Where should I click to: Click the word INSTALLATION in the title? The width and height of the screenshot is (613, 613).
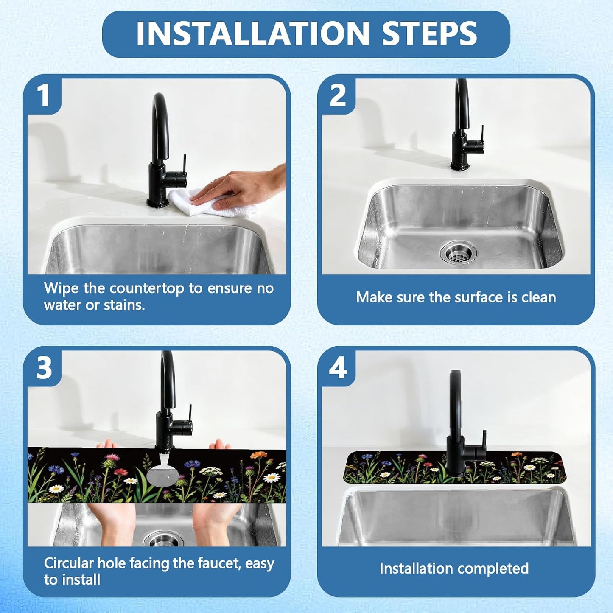click(252, 34)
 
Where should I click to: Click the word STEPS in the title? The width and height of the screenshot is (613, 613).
click(429, 34)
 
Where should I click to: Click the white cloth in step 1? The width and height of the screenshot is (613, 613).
click(210, 204)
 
